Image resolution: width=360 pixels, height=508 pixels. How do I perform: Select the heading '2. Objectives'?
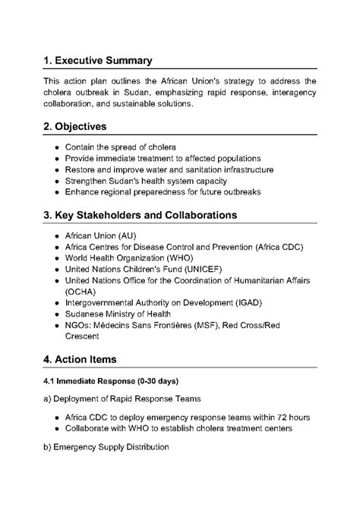coord(74,125)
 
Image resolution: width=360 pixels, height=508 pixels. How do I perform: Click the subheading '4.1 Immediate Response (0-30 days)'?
coord(110,380)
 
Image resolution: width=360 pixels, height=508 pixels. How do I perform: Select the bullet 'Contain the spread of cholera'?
coord(121,147)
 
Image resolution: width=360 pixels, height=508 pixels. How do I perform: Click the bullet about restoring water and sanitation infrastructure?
coord(169,169)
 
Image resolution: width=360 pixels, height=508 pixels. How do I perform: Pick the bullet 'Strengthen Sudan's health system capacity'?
coord(146,181)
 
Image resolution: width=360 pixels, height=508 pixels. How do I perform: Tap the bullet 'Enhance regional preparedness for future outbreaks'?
coord(163,192)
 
